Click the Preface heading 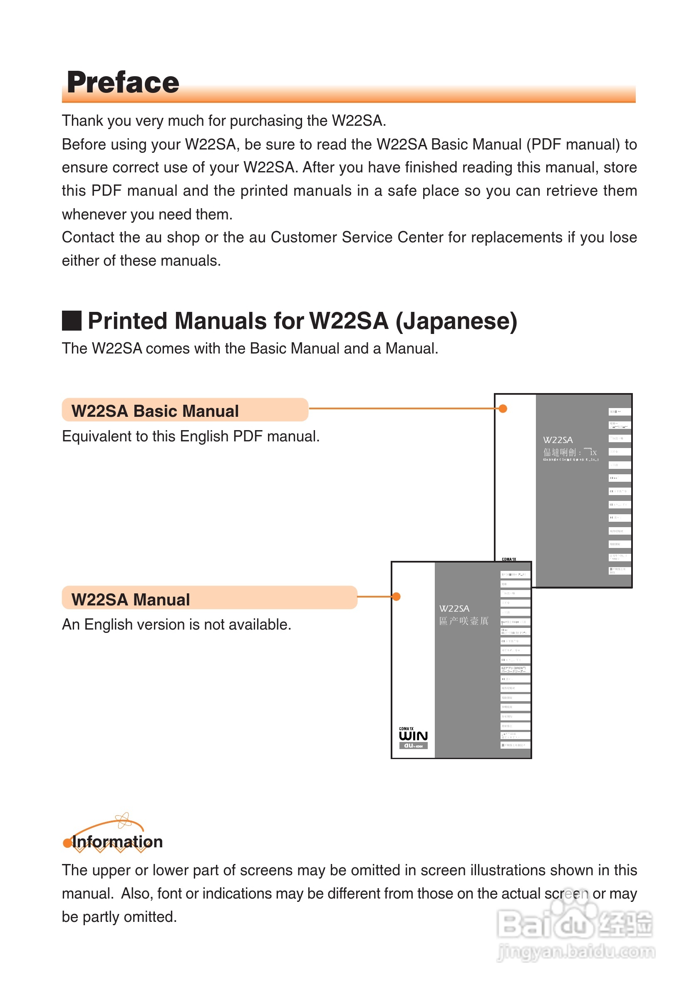(x=123, y=82)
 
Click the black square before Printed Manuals (x=72, y=321)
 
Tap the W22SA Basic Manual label (x=155, y=411)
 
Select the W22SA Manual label (x=130, y=600)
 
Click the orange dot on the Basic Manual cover (x=503, y=409)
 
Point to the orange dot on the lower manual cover (x=397, y=597)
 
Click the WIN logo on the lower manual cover (x=413, y=736)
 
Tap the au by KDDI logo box (x=413, y=746)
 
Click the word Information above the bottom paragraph (x=117, y=842)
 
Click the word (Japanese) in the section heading (x=456, y=321)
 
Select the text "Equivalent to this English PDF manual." (x=191, y=436)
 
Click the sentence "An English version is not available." (x=176, y=625)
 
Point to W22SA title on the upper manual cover (x=558, y=440)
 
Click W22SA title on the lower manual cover (x=454, y=609)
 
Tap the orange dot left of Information (x=67, y=843)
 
